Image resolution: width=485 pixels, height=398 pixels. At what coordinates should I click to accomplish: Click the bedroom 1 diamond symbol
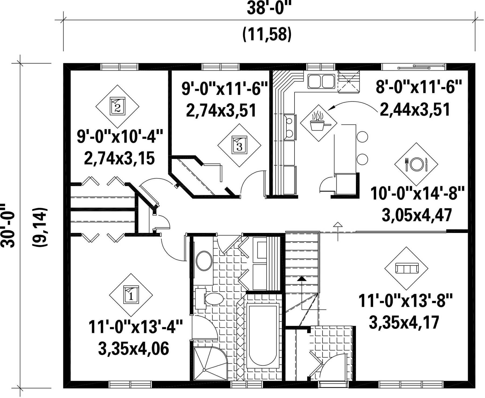click(131, 295)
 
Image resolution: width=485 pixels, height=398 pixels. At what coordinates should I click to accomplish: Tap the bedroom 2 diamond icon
click(117, 106)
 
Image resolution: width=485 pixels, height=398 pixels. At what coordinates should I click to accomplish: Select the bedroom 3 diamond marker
click(239, 145)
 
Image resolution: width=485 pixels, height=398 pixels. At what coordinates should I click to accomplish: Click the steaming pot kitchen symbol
click(319, 123)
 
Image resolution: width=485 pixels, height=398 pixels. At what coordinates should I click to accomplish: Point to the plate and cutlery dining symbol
click(416, 164)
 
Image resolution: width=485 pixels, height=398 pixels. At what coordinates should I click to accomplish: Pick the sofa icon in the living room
click(406, 268)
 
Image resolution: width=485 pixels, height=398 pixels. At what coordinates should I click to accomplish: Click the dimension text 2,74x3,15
click(119, 158)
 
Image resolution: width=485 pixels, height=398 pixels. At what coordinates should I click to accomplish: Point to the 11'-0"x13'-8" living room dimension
click(405, 301)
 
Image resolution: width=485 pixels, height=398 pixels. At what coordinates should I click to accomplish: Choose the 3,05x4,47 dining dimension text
click(417, 215)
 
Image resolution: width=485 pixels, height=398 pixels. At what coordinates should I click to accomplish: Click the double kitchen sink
click(321, 81)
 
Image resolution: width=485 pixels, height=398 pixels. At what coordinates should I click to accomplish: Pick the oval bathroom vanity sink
click(204, 261)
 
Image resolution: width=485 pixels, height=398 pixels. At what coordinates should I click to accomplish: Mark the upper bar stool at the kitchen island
click(362, 137)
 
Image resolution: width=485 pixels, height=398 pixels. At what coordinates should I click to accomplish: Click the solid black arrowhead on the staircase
click(302, 279)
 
